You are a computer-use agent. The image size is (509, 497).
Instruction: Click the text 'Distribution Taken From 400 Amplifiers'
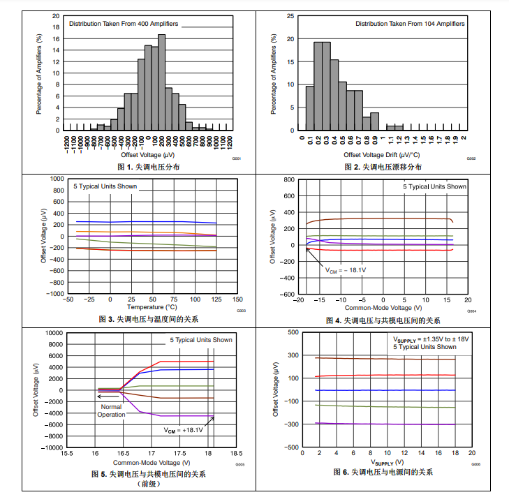[124, 24]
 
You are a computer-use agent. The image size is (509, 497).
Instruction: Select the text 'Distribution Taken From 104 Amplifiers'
[410, 24]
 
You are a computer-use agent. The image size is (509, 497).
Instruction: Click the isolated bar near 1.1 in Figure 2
[395, 128]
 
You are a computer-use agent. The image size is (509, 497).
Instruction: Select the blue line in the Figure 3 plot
[140, 222]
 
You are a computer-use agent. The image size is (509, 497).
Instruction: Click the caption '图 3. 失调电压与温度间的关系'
[148, 319]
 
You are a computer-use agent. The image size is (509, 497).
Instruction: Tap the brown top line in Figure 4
[377, 218]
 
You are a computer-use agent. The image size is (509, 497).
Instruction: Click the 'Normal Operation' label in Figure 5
[111, 410]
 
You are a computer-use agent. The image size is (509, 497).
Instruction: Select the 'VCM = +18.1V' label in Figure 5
[184, 430]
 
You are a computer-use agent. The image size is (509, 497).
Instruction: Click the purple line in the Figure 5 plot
[175, 416]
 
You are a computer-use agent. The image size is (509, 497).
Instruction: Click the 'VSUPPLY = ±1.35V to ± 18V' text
[431, 339]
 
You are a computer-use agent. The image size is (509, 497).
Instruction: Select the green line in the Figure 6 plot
[384, 406]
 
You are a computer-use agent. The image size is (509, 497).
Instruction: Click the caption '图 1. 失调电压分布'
[148, 167]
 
